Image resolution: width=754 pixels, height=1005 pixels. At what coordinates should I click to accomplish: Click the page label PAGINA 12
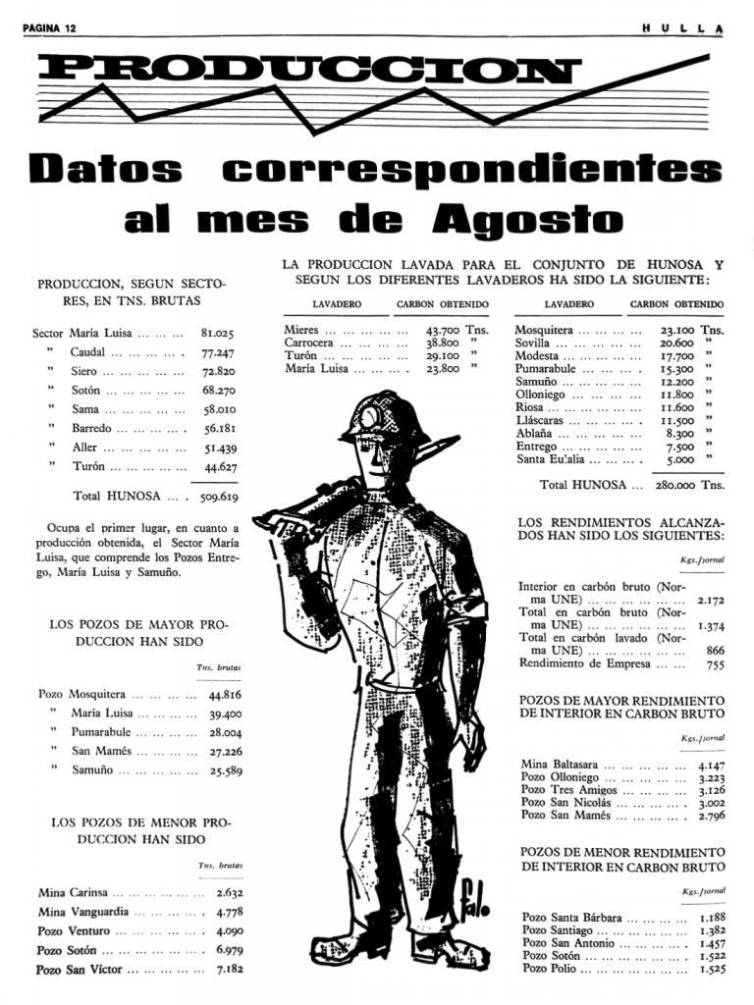point(49,28)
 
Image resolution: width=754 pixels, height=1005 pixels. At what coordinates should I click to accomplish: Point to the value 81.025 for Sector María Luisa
point(217,334)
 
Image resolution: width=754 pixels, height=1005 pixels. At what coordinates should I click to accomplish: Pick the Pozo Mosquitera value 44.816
point(225,694)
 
